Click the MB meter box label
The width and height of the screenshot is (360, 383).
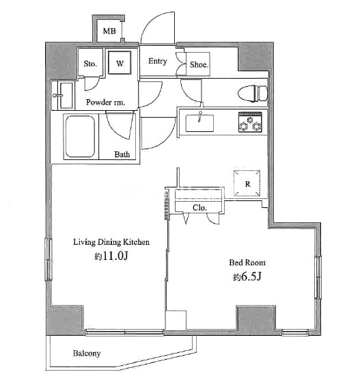click(109, 31)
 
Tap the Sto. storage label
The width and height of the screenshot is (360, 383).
click(90, 64)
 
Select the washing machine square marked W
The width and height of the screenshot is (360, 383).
click(120, 62)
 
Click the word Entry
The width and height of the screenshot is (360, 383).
click(158, 61)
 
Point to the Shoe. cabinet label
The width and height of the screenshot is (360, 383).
click(199, 64)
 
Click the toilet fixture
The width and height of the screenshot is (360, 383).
click(253, 94)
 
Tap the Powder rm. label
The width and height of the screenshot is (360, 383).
click(105, 102)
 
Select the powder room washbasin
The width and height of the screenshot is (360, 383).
click(63, 96)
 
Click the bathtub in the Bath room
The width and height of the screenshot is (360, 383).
click(80, 137)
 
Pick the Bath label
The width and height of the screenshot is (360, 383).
click(122, 155)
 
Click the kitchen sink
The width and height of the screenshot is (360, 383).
click(199, 123)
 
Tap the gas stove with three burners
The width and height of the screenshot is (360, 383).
click(250, 122)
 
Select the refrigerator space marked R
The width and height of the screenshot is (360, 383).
click(247, 183)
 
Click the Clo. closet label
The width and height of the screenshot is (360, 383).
click(199, 208)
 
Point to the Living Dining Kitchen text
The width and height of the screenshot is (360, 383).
click(111, 242)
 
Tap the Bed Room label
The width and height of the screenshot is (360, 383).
click(247, 263)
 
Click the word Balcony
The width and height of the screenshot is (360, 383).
click(87, 354)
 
